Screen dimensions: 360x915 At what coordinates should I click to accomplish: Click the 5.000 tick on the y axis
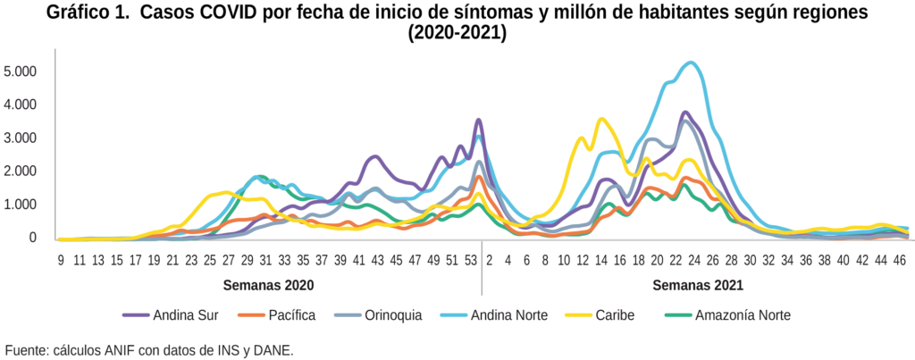pos(21,71)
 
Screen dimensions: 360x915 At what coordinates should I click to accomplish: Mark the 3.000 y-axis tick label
pos(21,138)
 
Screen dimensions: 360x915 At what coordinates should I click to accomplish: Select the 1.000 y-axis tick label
pos(21,205)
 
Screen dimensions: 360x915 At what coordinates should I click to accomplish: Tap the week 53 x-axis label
pos(471,260)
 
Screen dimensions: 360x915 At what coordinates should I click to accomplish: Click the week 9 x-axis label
pos(60,260)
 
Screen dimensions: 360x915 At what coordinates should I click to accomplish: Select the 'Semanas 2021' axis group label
pos(698,286)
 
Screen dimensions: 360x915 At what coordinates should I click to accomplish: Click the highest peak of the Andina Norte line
pos(689,63)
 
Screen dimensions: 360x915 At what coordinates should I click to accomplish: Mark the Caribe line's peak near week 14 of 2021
pos(601,119)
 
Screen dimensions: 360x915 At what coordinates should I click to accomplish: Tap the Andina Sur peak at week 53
pos(479,120)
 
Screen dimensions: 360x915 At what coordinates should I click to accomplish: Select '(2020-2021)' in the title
pos(457,35)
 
